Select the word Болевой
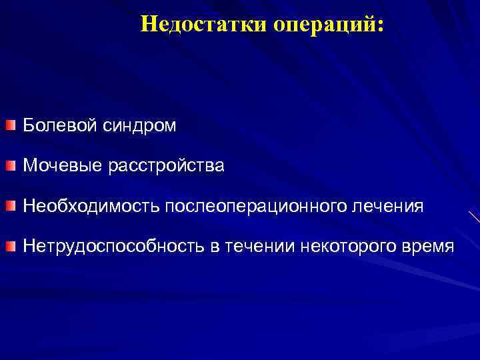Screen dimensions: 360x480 (x=60, y=125)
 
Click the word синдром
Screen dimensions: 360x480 (x=140, y=125)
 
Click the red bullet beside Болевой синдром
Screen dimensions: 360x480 (x=10, y=126)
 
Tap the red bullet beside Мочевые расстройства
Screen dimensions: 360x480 (x=10, y=167)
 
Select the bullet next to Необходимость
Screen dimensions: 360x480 (x=10, y=207)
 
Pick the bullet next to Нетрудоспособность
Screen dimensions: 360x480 (x=10, y=247)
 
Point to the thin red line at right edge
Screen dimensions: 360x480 (x=474, y=217)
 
